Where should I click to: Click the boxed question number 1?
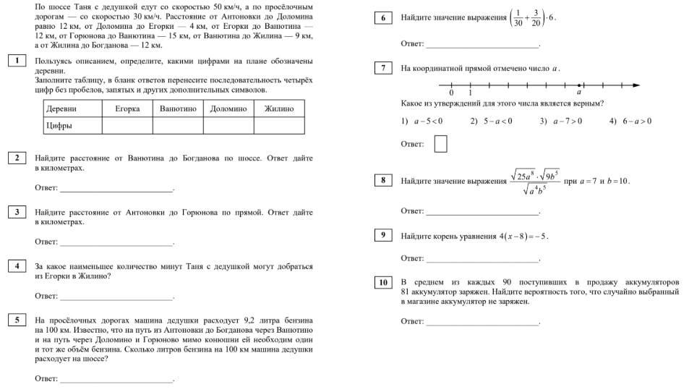coord(16,61)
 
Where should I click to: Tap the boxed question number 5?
coord(16,320)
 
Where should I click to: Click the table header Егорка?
coord(127,108)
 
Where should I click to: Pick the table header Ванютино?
coord(178,108)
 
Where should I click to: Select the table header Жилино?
coord(279,108)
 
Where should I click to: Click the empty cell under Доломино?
coord(228,125)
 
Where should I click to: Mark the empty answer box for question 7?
coord(440,144)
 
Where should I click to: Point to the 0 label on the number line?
coord(451,93)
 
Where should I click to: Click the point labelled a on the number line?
coord(579,85)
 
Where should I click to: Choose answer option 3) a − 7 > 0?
coord(560,121)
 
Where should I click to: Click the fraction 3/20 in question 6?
coord(536,18)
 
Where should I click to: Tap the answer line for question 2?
coord(116,191)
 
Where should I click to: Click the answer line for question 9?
coord(482,260)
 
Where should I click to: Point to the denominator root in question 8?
coord(534,190)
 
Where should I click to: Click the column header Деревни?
coord(61,108)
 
